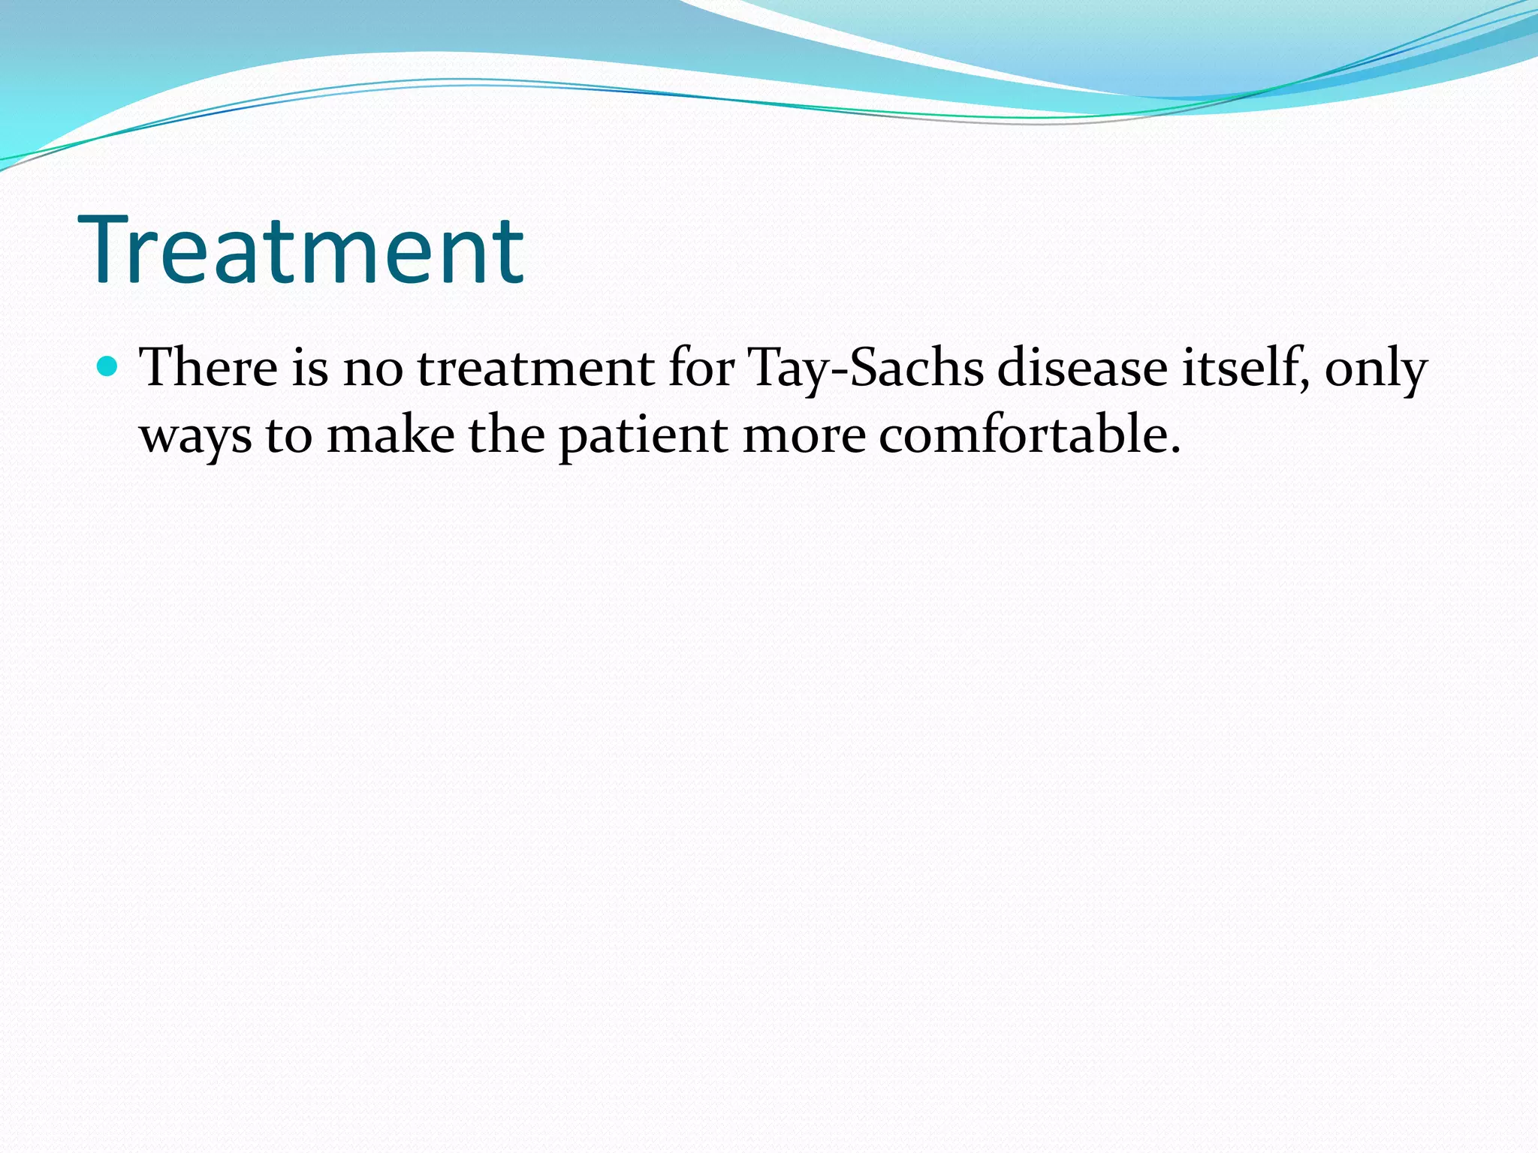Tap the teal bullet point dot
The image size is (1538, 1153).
109,366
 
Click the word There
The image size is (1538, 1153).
208,369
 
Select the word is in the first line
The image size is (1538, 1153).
309,369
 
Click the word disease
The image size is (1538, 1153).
1081,369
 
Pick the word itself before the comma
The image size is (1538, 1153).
1241,369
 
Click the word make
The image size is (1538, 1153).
391,435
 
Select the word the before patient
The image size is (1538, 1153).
506,435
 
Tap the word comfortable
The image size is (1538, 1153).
1022,435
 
